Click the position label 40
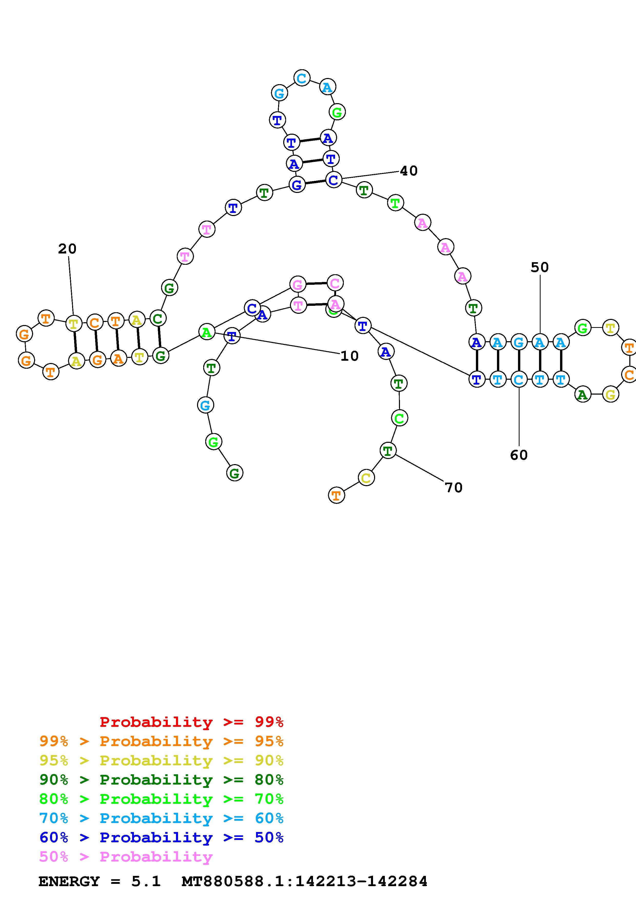pos(409,171)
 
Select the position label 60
pos(519,455)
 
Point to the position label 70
pos(454,488)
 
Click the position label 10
pos(349,356)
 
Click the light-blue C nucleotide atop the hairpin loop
pos(301,78)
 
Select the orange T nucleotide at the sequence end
pos(336,495)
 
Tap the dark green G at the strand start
pos(234,473)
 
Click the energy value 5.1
pos(146,882)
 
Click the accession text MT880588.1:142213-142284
pos(305,882)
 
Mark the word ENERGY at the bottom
pos(69,882)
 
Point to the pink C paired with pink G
pos(335,283)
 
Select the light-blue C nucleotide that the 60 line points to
pos(519,379)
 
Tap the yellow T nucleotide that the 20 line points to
pos(73,324)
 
